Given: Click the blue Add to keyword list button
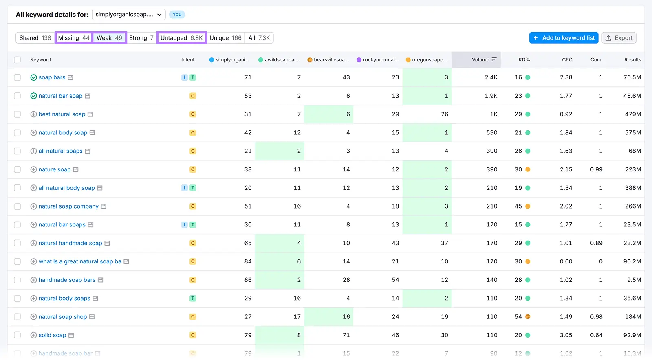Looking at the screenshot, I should [x=564, y=38].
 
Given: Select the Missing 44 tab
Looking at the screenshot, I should [x=74, y=38].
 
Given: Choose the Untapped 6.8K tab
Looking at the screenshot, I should [x=181, y=38].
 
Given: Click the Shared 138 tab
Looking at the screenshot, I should [x=35, y=38].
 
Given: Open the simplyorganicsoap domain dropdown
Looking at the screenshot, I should [x=129, y=15].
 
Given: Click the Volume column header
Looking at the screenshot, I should [x=480, y=60].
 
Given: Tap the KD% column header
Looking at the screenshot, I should [x=524, y=60].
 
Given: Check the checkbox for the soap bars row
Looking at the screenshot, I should [x=17, y=77].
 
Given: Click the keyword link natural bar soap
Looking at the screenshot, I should [x=60, y=96].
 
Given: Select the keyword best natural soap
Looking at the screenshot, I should [x=62, y=114].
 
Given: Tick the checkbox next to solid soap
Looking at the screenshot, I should [x=17, y=335].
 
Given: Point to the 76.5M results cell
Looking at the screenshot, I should [x=632, y=77].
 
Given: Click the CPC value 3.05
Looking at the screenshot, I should [x=566, y=335].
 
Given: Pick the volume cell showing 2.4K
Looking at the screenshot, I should [x=491, y=77].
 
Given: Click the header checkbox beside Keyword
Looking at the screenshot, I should [x=17, y=60].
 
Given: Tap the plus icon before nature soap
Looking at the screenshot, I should [x=34, y=169].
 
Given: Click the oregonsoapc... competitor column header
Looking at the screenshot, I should [x=429, y=60].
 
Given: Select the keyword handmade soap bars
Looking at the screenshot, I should [x=67, y=280].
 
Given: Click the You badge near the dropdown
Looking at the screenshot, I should [x=177, y=15].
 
